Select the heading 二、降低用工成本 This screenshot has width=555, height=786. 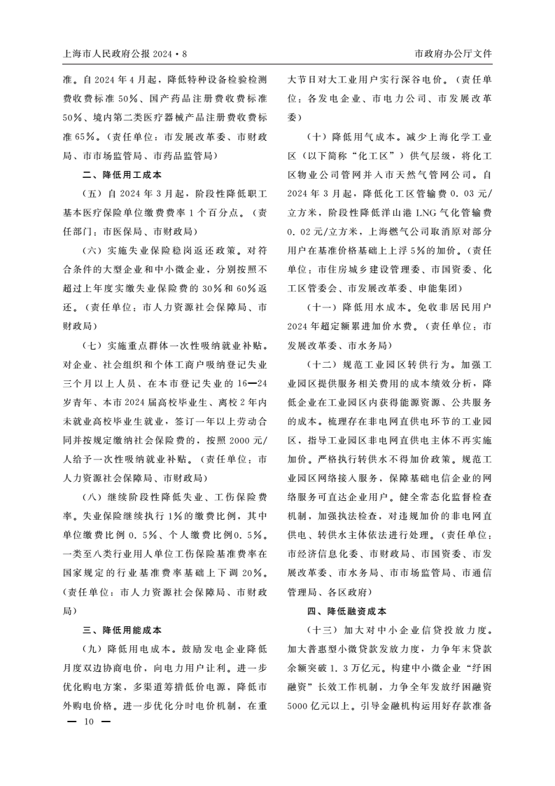(x=122, y=174)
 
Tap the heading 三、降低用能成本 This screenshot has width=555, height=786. (x=122, y=629)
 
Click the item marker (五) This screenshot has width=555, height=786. (x=93, y=193)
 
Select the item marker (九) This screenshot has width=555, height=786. (x=93, y=648)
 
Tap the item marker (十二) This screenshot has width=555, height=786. (x=323, y=364)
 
